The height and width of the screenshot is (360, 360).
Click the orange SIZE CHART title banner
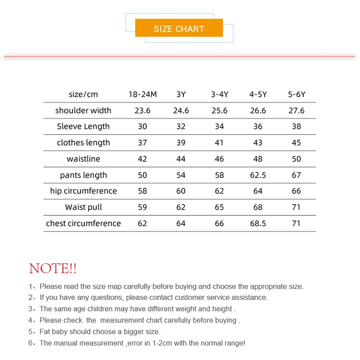(x=179, y=29)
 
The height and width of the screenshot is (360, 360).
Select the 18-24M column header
(x=142, y=94)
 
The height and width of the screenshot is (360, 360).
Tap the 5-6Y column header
(x=296, y=94)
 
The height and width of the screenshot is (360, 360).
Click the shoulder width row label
(x=83, y=111)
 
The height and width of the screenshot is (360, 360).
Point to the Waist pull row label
(x=83, y=207)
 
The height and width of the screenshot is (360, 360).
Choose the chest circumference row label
(x=83, y=223)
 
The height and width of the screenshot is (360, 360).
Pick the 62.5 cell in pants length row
(x=258, y=175)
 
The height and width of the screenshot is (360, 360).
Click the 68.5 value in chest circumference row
(x=258, y=223)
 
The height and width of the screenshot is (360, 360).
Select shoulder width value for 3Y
(x=181, y=111)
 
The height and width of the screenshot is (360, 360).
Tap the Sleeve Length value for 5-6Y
(x=296, y=127)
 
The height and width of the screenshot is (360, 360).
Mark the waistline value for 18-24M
(x=142, y=159)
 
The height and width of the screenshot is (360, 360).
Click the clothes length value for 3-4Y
(x=219, y=143)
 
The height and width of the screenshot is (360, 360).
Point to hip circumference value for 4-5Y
(x=258, y=191)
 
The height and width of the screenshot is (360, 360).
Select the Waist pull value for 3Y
(x=181, y=207)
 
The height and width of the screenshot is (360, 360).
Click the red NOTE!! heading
(x=53, y=269)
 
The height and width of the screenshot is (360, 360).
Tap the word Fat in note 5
(x=45, y=332)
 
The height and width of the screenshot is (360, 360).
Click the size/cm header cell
(x=83, y=94)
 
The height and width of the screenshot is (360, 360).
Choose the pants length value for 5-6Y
(x=296, y=175)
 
